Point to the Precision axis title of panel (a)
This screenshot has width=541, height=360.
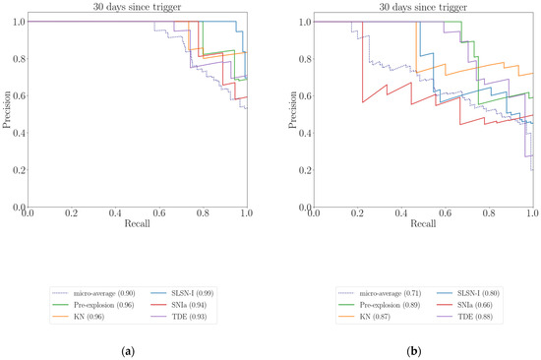pyautogui.click(x=7, y=114)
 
